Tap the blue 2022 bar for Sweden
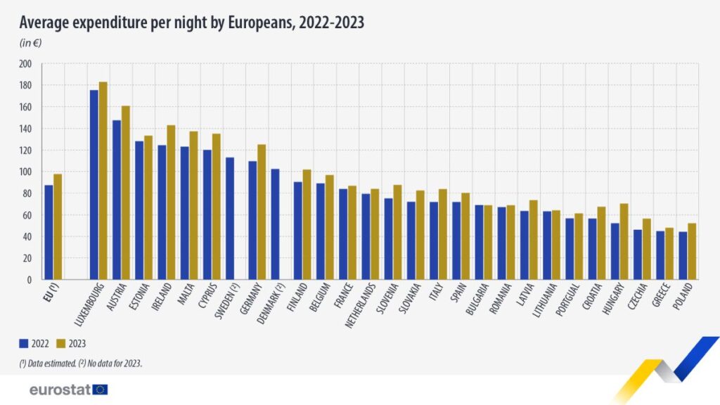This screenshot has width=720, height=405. coord(230,218)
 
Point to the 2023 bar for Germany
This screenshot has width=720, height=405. coord(262,212)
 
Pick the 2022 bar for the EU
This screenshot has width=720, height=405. coord(49,232)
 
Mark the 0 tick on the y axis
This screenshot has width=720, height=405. coord(30,280)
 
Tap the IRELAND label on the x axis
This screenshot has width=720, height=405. coord(167,299)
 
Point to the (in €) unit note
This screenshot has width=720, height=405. coord(32,44)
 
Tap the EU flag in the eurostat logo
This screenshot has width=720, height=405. coord(101,389)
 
